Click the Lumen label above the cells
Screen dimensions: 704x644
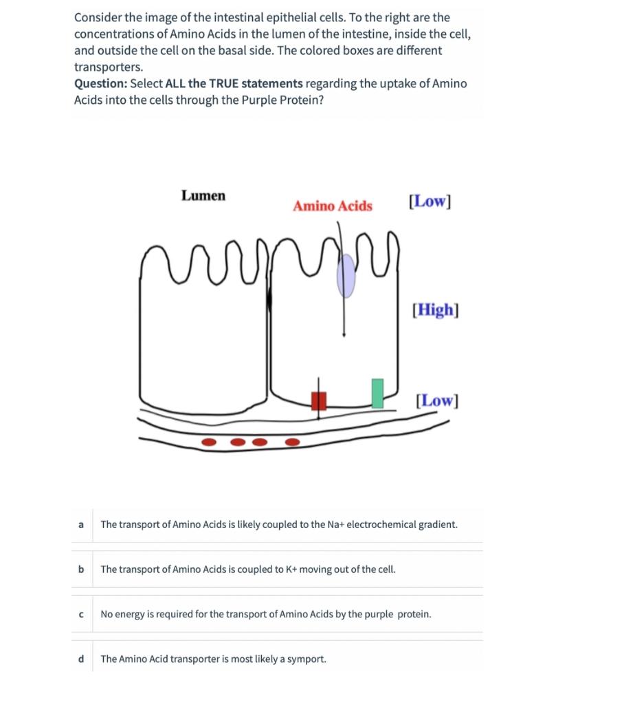(x=203, y=196)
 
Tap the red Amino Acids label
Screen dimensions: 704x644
(x=332, y=206)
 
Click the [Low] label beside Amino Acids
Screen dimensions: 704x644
(x=430, y=201)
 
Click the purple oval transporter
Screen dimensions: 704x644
(x=346, y=276)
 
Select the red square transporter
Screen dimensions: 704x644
(x=319, y=400)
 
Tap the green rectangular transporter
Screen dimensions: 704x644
(x=377, y=393)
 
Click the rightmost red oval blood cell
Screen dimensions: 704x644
(x=292, y=441)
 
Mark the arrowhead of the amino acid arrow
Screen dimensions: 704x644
(x=344, y=335)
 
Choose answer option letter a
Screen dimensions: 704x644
(x=81, y=525)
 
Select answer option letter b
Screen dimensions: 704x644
(x=81, y=569)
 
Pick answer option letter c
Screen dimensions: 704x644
(x=81, y=614)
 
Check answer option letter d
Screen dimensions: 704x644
(x=81, y=659)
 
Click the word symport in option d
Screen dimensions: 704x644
(x=308, y=659)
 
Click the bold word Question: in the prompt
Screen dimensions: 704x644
(x=101, y=84)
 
